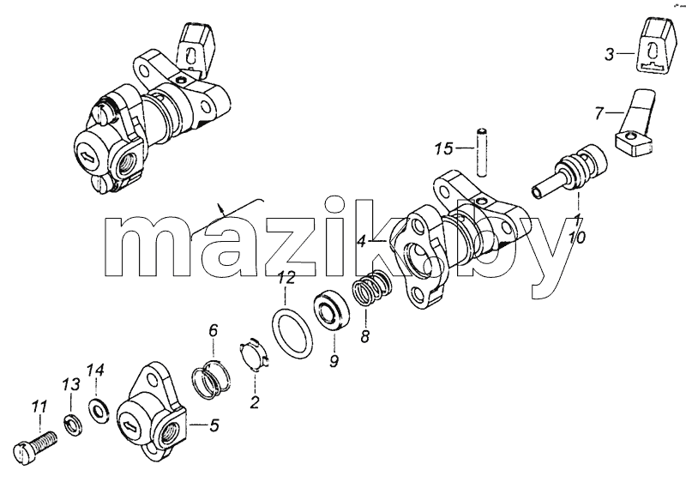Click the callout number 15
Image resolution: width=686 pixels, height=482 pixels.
(443, 148)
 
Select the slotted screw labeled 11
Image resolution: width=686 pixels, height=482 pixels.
(35, 443)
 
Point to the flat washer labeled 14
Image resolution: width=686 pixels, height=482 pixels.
(99, 411)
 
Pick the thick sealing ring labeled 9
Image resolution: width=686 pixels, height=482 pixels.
(333, 311)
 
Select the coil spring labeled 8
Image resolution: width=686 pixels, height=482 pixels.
(370, 290)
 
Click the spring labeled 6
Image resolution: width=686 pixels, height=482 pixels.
(210, 377)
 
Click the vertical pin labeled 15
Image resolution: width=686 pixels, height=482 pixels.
(481, 152)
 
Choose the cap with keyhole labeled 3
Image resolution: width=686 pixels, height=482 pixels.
(652, 50)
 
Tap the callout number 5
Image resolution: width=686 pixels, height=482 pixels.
(214, 425)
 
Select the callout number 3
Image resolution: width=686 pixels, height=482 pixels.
(610, 55)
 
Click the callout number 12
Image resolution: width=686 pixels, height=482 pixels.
(287, 278)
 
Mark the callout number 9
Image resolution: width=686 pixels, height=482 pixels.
(334, 361)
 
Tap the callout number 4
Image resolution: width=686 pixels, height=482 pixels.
(362, 241)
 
